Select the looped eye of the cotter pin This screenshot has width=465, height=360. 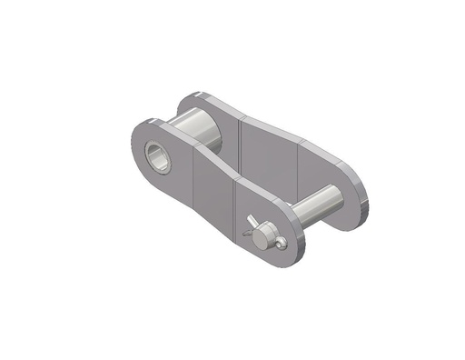click(282, 242)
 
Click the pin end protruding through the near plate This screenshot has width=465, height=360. click(262, 235)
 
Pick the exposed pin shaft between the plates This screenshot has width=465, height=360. click(313, 205)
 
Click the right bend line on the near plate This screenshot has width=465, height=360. click(235, 205)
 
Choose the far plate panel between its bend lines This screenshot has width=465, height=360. click(268, 155)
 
